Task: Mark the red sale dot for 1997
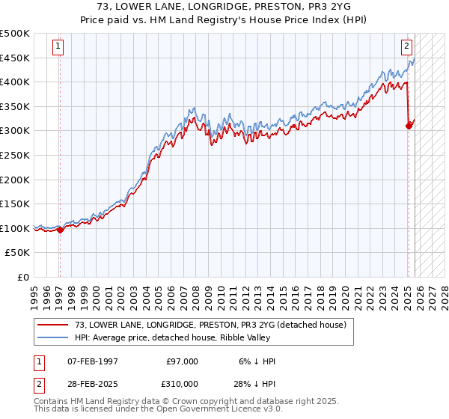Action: pyautogui.click(x=60, y=230)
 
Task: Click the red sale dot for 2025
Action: pyautogui.click(x=409, y=126)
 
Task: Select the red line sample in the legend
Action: pyautogui.click(x=52, y=325)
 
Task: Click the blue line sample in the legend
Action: pyautogui.click(x=52, y=338)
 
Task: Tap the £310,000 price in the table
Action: pyautogui.click(x=182, y=384)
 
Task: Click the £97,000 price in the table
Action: pyautogui.click(x=182, y=361)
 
